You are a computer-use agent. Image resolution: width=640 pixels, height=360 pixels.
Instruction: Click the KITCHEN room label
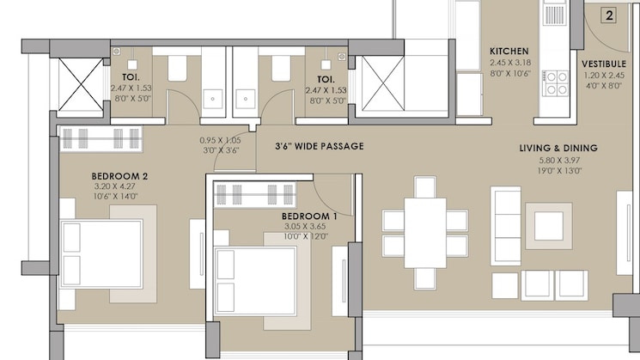click(x=509, y=51)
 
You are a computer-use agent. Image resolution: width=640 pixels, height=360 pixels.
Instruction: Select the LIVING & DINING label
click(x=558, y=149)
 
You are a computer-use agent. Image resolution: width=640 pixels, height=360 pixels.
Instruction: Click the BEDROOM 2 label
click(x=119, y=177)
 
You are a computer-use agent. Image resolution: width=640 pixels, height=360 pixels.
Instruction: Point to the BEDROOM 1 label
click(x=309, y=216)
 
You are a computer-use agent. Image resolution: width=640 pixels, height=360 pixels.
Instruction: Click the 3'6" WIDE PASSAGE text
click(x=319, y=146)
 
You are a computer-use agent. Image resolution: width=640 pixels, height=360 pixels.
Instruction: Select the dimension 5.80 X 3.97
click(x=558, y=160)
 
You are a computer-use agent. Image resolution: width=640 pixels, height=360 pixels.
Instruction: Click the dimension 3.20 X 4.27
click(x=119, y=187)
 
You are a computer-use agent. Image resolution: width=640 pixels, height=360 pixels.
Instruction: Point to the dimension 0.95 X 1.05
click(x=218, y=140)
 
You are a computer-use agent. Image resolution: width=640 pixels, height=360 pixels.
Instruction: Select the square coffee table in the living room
click(x=549, y=225)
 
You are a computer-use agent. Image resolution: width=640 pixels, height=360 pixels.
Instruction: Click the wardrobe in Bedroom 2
click(x=101, y=137)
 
